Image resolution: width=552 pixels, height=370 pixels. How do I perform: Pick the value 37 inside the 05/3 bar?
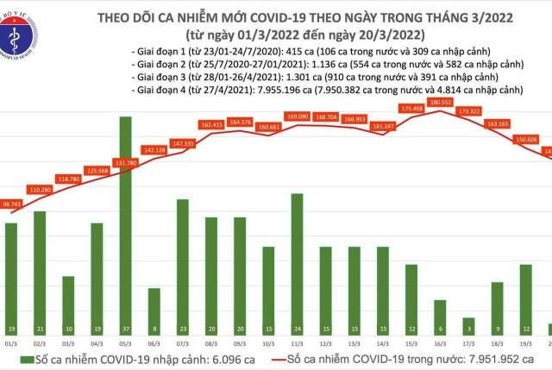pos(125,330)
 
